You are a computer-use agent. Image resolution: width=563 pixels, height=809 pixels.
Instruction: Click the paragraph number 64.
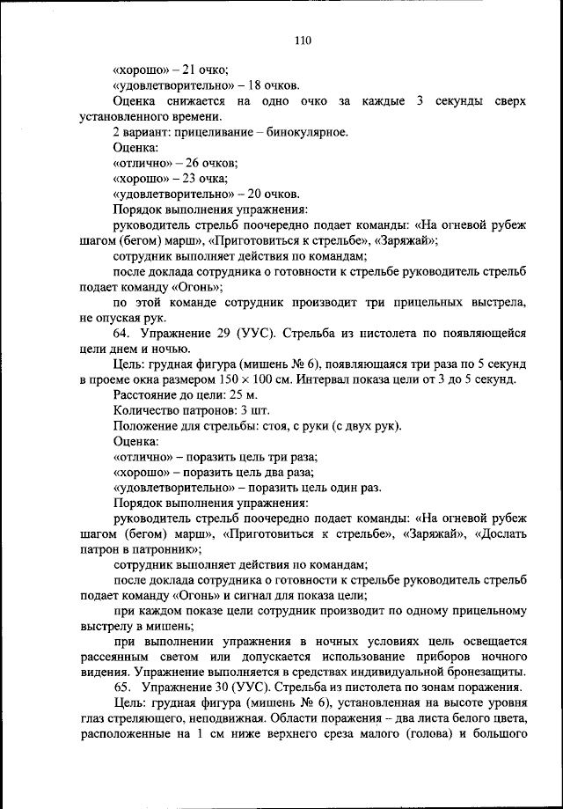(x=122, y=334)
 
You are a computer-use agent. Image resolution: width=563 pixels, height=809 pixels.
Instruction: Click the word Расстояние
(x=148, y=395)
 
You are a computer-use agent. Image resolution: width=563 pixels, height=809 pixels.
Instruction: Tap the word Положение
(x=147, y=427)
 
